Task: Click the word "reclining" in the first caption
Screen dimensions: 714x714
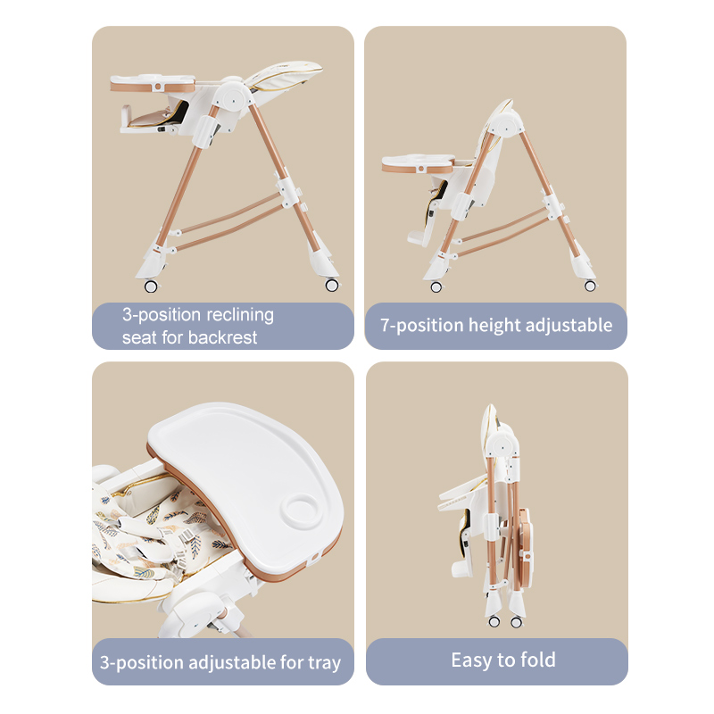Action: (x=240, y=315)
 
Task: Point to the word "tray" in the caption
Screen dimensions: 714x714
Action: (x=324, y=663)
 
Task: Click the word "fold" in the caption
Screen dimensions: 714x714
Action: (x=538, y=660)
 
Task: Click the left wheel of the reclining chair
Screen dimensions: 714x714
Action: (x=151, y=286)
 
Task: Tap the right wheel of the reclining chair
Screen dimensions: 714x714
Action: (x=332, y=286)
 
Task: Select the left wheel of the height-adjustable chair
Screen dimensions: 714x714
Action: (x=436, y=286)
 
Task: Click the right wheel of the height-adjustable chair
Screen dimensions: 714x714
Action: (x=590, y=286)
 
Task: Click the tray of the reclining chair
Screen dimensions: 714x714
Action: (x=153, y=83)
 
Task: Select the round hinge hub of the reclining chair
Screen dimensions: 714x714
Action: (x=233, y=97)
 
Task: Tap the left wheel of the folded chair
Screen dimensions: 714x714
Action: (x=494, y=622)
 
